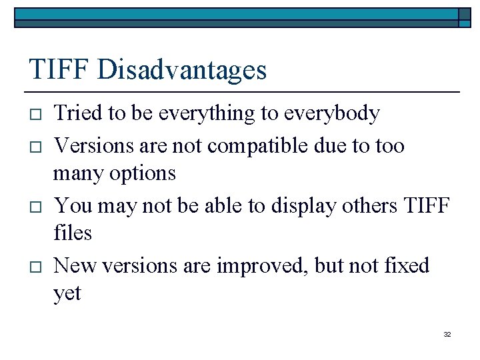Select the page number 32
point(447,334)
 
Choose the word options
point(143,174)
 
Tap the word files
point(72,233)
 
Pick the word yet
point(67,294)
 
